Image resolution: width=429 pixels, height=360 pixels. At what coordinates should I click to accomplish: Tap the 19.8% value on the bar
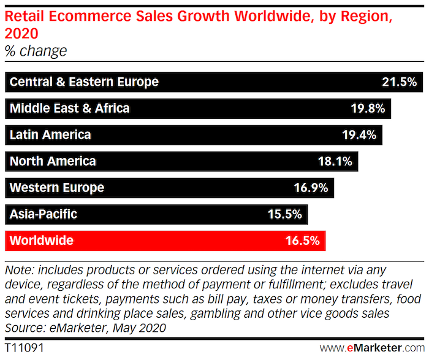[367, 109]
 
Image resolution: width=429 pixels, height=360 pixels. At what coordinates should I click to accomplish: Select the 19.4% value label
[359, 135]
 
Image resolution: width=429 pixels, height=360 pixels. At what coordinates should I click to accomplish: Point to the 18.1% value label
[335, 162]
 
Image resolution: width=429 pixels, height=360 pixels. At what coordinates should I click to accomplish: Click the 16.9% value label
[311, 188]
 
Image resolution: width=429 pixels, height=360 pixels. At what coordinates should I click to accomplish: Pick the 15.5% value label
[284, 214]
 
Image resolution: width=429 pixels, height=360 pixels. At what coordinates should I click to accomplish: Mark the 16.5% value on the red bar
[302, 241]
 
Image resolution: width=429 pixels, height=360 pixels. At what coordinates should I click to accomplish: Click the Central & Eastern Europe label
[84, 82]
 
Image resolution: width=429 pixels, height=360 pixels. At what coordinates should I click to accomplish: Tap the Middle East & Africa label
[70, 109]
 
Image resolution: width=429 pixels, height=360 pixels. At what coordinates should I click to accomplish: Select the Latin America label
[50, 135]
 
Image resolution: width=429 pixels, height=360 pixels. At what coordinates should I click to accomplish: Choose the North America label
[53, 162]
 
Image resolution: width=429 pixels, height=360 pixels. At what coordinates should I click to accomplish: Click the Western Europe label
[57, 188]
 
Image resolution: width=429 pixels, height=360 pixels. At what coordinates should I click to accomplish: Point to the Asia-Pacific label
[44, 214]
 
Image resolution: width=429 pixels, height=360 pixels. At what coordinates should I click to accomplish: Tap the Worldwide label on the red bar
[42, 241]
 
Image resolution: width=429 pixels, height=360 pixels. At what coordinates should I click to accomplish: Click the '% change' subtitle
[36, 51]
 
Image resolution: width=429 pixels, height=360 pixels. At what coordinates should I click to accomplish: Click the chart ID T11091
[22, 347]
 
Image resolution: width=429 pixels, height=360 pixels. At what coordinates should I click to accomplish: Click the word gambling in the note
[224, 313]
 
